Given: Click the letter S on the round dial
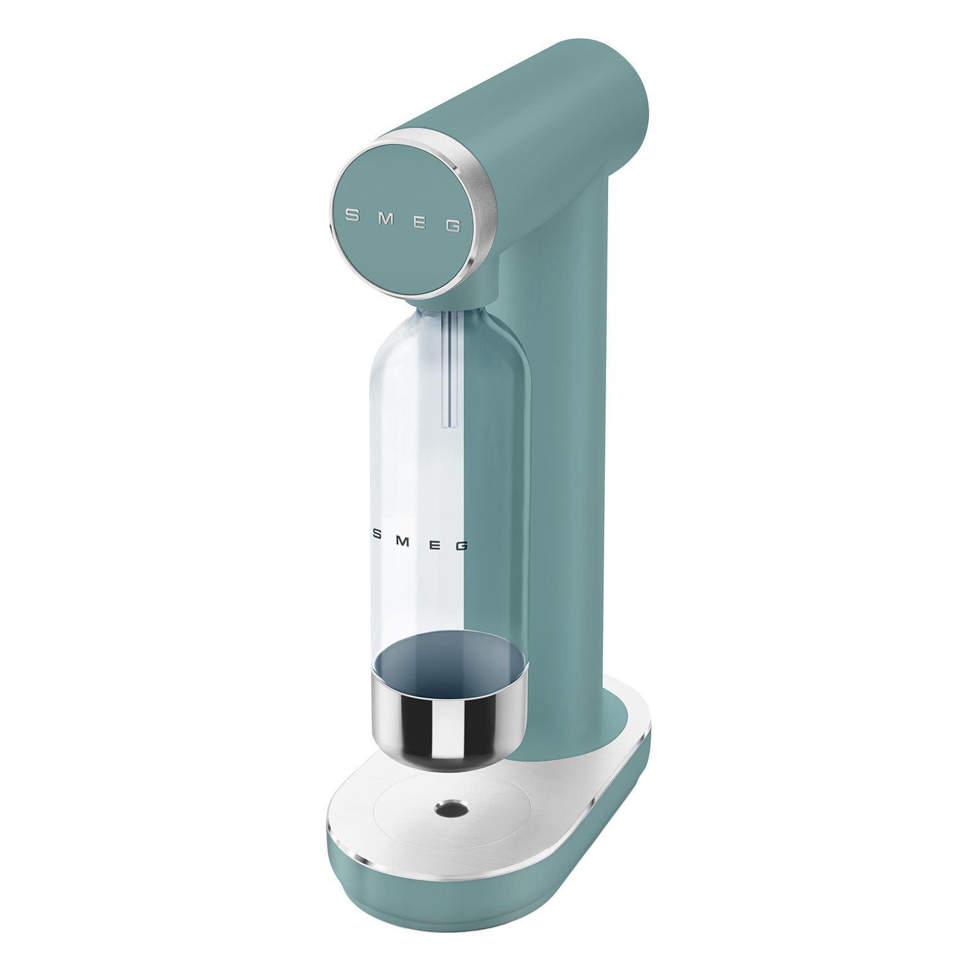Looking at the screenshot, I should click(352, 215).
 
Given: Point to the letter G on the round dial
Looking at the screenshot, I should click(453, 226).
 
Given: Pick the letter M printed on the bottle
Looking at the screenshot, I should click(403, 540).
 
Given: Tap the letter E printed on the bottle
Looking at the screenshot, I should click(434, 544).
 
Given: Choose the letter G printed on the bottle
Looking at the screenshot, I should click(461, 546).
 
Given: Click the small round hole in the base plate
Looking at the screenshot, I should click(448, 809).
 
